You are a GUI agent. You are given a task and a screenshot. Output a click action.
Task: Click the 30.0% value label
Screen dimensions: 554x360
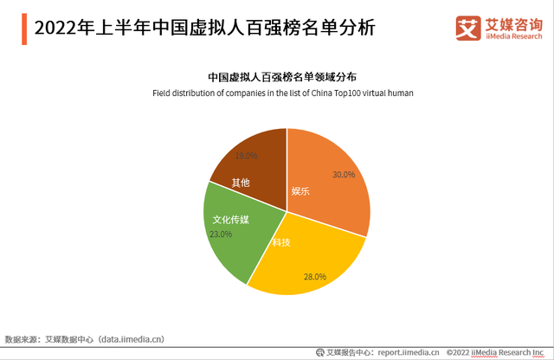pos(344,175)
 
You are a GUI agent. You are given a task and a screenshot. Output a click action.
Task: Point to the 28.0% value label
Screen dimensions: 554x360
pos(315,277)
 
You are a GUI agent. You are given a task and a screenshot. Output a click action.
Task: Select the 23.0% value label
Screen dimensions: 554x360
pos(221,235)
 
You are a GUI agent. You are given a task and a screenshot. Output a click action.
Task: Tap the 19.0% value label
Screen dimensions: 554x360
pos(246,156)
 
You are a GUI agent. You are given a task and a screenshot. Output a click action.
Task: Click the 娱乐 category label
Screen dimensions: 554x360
pos(300,191)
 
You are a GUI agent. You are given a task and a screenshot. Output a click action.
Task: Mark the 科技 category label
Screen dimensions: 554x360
pos(281,242)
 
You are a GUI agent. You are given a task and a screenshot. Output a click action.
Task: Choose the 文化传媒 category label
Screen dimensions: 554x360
pos(231,220)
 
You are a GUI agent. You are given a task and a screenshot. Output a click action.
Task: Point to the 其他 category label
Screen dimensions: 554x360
pos(241,183)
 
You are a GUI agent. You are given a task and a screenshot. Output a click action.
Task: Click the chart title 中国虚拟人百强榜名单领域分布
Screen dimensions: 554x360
pos(282,77)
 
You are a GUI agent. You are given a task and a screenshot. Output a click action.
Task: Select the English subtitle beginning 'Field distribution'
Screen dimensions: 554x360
pos(283,93)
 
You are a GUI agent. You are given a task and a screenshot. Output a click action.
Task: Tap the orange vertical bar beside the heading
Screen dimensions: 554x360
pos(24,29)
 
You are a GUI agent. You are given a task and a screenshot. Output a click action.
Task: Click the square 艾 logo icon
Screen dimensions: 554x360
pos(468,28)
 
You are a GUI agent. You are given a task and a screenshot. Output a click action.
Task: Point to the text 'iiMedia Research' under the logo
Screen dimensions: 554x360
pos(513,36)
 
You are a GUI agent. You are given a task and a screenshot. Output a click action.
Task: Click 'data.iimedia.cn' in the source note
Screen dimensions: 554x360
pos(131,339)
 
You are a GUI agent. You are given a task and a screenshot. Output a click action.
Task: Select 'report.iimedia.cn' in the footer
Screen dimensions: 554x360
pos(409,352)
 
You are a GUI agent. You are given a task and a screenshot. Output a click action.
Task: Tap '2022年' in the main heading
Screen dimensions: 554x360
pos(63,28)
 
